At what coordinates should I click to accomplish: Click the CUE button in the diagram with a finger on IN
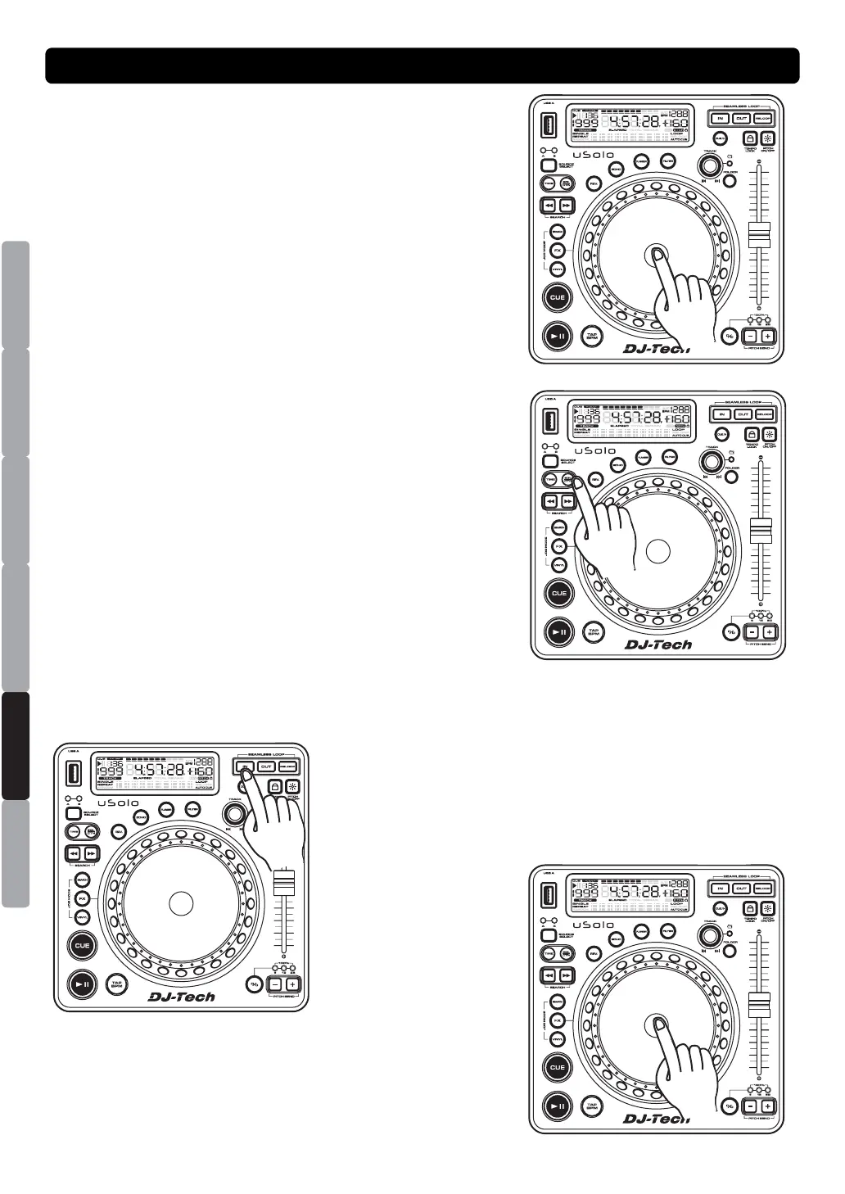82,946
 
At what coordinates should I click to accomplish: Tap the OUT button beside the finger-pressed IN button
266,767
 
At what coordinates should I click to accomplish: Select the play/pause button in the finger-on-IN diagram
81,984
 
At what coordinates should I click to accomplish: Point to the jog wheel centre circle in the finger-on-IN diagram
180,902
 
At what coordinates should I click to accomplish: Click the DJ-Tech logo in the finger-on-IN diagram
182,997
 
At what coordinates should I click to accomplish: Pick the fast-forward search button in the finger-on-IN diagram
91,853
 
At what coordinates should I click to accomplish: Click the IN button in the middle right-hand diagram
721,415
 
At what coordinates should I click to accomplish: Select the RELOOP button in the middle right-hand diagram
764,415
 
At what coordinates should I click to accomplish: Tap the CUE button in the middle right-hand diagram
558,594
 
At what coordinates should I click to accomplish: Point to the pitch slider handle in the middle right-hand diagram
761,529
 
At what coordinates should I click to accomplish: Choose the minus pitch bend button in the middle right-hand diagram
751,632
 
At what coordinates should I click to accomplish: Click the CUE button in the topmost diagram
557,298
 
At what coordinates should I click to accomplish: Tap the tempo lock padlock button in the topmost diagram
749,139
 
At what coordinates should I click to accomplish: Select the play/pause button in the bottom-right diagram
558,1106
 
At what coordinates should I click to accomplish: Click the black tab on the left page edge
16,745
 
